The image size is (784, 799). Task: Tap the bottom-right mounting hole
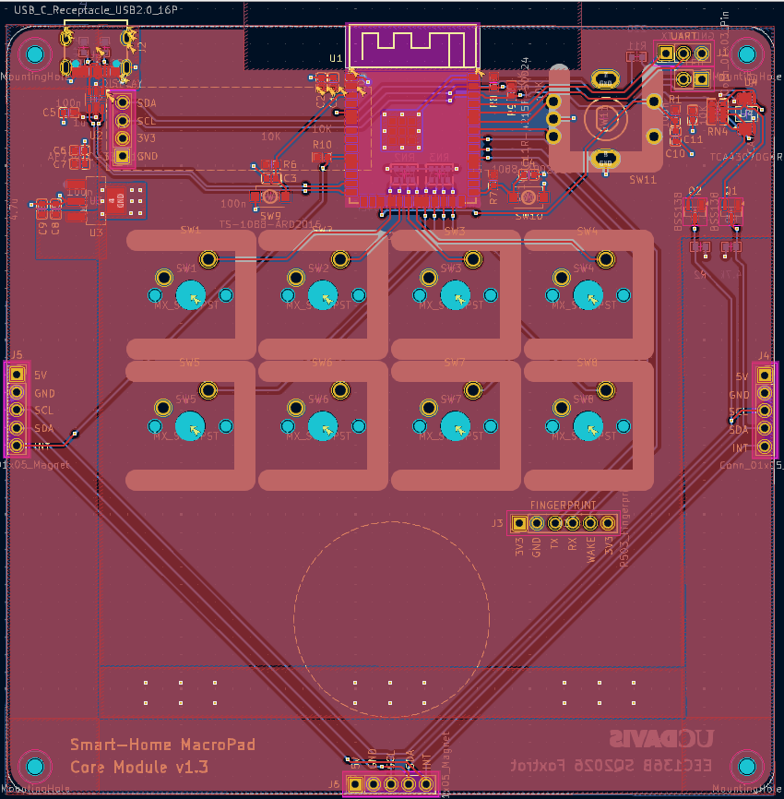pyautogui.click(x=748, y=767)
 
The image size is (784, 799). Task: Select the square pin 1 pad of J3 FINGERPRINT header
pyautogui.click(x=518, y=523)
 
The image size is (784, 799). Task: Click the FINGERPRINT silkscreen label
pyautogui.click(x=562, y=506)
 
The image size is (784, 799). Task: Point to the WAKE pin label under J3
pyautogui.click(x=591, y=548)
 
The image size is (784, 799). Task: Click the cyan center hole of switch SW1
pyautogui.click(x=192, y=295)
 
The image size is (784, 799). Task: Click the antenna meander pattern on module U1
pyautogui.click(x=412, y=45)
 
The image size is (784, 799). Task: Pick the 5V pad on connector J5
pyautogui.click(x=16, y=375)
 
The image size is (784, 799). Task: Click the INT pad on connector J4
pyautogui.click(x=765, y=447)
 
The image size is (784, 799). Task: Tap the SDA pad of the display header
pyautogui.click(x=122, y=102)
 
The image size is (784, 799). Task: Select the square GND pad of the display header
pyautogui.click(x=122, y=156)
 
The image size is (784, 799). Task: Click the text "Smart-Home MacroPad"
pyautogui.click(x=162, y=745)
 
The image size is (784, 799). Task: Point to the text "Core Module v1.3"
pyautogui.click(x=139, y=767)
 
